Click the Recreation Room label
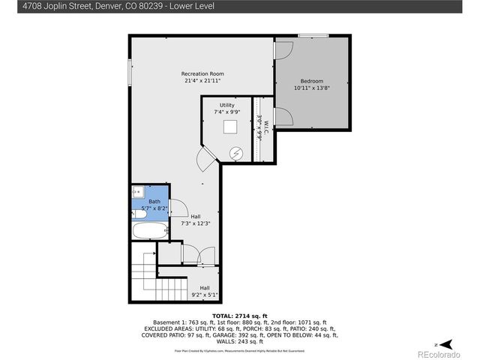pyautogui.click(x=202, y=73)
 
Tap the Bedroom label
pyautogui.click(x=312, y=81)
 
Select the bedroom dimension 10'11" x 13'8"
pyautogui.click(x=312, y=88)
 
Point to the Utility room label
pyautogui.click(x=226, y=105)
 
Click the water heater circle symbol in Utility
pyautogui.click(x=236, y=153)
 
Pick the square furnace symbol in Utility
pyautogui.click(x=232, y=127)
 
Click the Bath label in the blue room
pyautogui.click(x=154, y=201)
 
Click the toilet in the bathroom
pyautogui.click(x=139, y=214)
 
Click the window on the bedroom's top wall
pyautogui.click(x=313, y=35)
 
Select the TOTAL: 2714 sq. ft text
pyautogui.click(x=239, y=316)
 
